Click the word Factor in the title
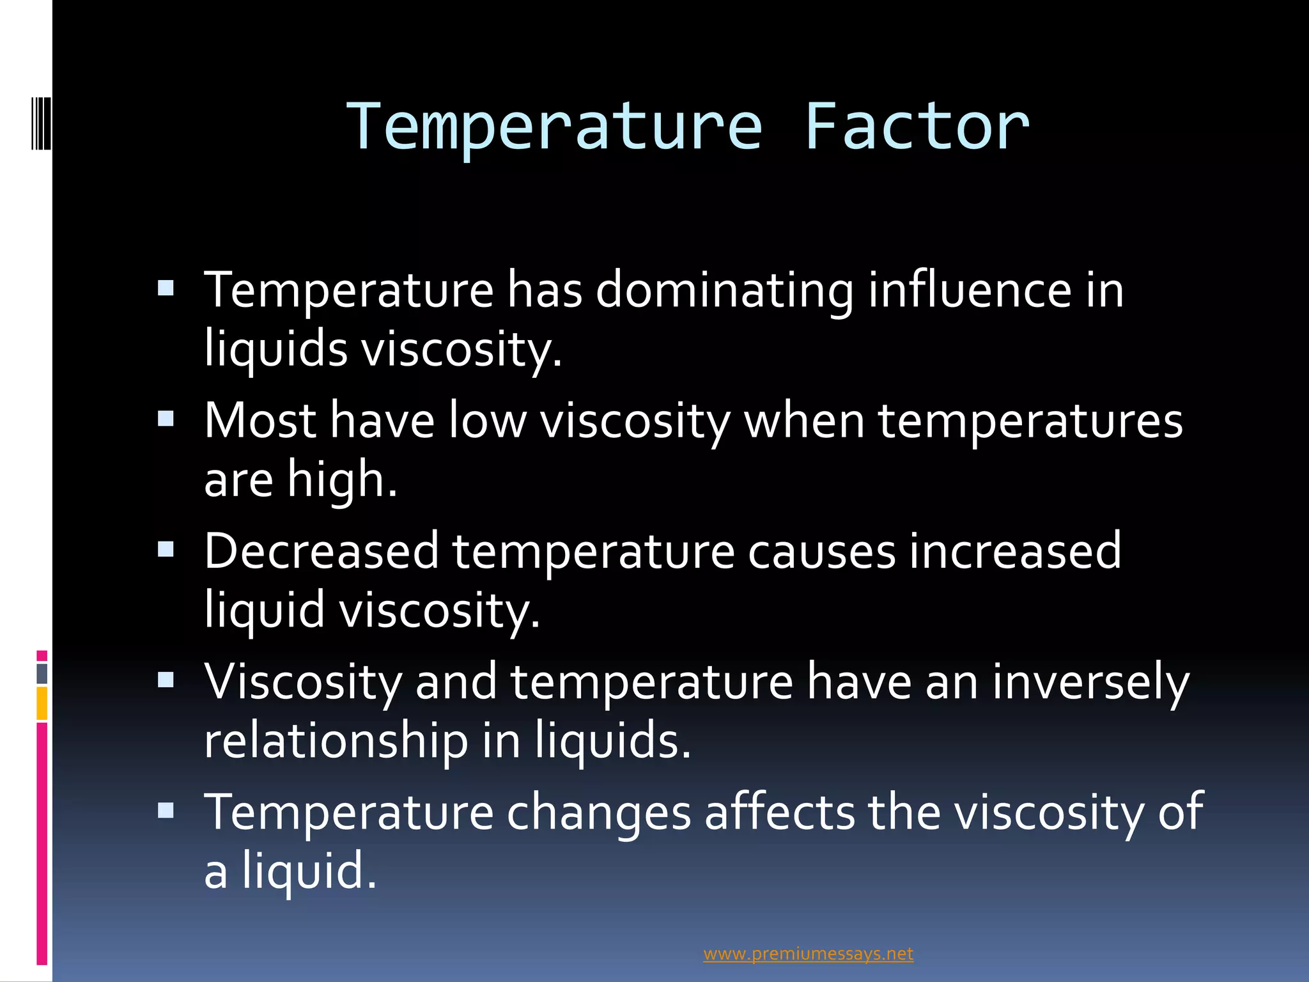click(917, 127)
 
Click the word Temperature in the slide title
click(554, 127)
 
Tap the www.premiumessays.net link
click(808, 954)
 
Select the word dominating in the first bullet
click(724, 291)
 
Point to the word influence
click(969, 291)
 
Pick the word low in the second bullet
click(487, 421)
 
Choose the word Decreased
click(321, 551)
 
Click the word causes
click(821, 551)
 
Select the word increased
click(1015, 551)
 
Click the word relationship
click(336, 741)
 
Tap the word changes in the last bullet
click(599, 813)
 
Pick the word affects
click(779, 813)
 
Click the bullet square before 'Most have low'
click(166, 419)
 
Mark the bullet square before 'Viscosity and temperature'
click(166, 679)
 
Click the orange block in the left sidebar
click(42, 703)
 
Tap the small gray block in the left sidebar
click(42, 674)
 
